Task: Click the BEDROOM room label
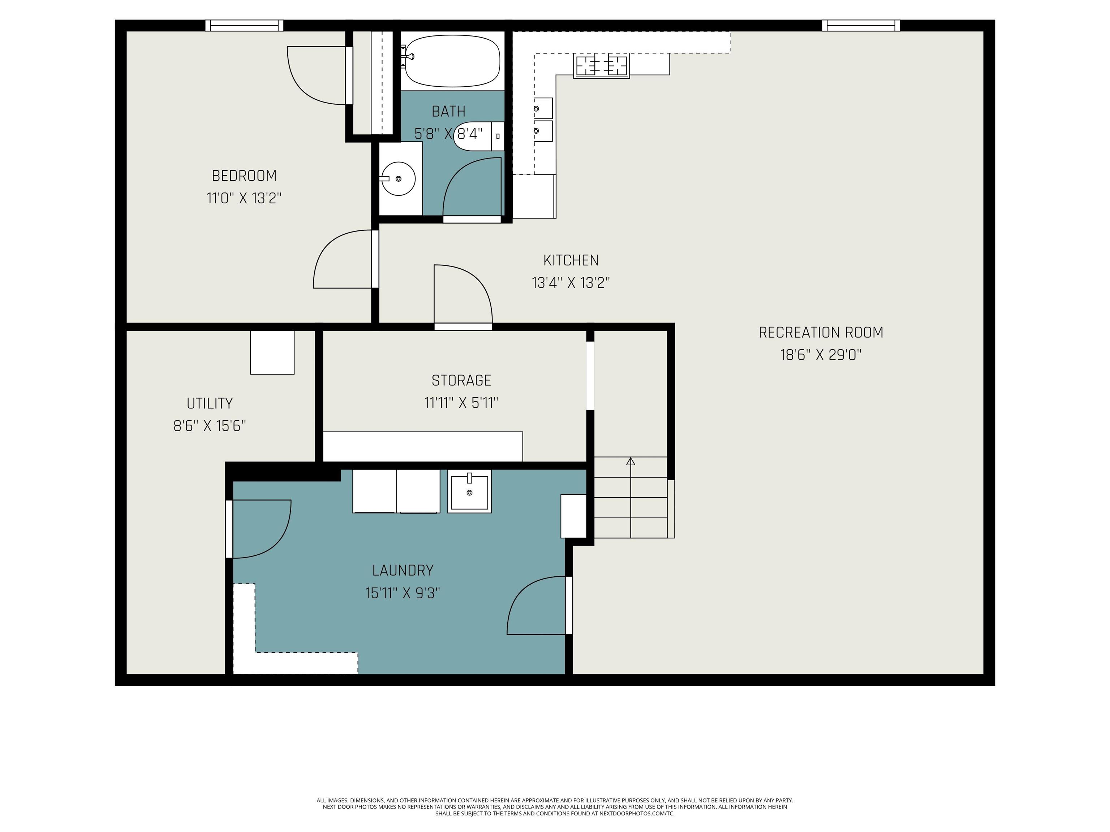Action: click(x=244, y=175)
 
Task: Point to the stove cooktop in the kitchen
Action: click(x=602, y=66)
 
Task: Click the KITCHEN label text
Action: click(x=571, y=260)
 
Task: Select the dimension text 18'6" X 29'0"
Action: click(x=821, y=355)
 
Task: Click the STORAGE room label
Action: click(x=461, y=380)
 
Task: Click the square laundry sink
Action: click(x=469, y=491)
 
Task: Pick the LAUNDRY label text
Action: click(x=403, y=570)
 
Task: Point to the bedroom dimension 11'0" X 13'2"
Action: click(x=244, y=198)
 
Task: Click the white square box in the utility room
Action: click(x=272, y=352)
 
